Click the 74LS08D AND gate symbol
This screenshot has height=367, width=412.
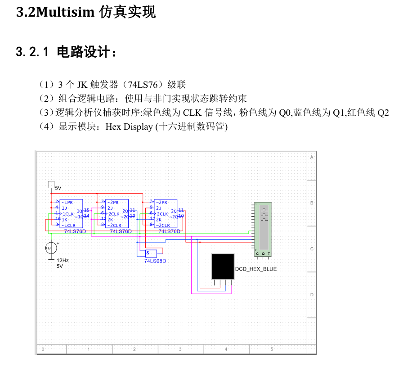tap(151, 253)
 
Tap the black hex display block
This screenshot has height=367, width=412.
tap(223, 266)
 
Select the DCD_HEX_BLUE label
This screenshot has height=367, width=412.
tap(256, 269)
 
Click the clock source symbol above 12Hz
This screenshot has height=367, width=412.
tap(51, 248)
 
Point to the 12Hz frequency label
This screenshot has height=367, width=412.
tap(63, 260)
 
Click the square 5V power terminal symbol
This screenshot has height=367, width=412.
tap(51, 184)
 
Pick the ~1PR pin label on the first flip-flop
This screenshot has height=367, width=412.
tap(68, 202)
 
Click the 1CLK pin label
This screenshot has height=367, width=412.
tap(68, 214)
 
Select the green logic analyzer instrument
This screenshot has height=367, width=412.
tap(263, 227)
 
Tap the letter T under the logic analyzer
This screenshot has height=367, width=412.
tap(269, 254)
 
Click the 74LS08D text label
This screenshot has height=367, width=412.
tap(155, 261)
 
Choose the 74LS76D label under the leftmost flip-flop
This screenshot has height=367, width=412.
tap(75, 231)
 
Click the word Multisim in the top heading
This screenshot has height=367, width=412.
tap(63, 12)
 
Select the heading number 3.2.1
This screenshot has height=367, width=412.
tap(32, 52)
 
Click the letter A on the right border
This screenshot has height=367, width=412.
tap(311, 157)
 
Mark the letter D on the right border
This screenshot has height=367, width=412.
tap(311, 295)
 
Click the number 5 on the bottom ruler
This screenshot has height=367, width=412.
tap(271, 349)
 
